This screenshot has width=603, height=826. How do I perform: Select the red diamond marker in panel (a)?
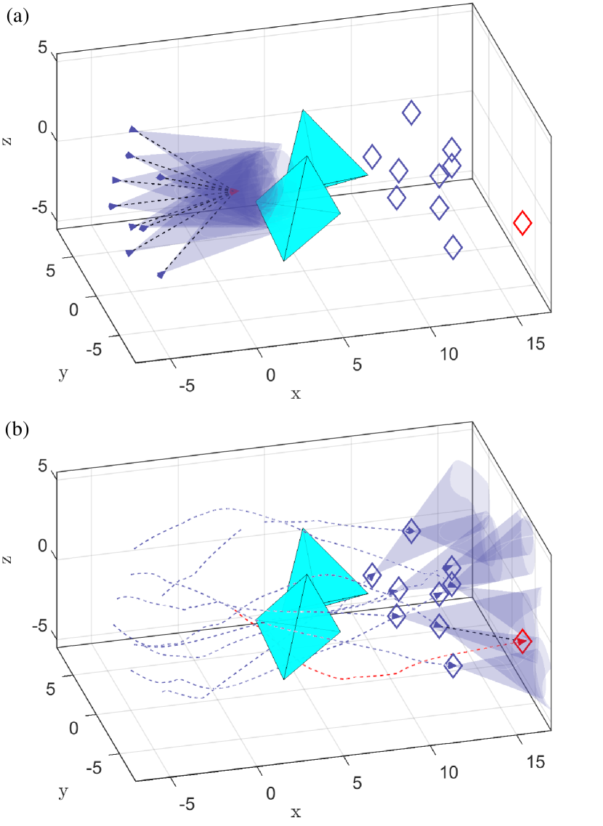point(522,223)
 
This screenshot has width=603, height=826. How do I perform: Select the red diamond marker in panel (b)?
point(522,641)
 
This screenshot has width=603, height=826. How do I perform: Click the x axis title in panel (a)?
point(296,394)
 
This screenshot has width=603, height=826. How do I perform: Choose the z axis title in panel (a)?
point(7,138)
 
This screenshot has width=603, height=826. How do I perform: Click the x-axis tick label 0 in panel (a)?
point(271,376)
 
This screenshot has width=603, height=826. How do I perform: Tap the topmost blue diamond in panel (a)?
point(411,113)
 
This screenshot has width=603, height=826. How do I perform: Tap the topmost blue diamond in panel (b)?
point(411,531)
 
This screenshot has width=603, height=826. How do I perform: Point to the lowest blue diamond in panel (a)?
point(453,247)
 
